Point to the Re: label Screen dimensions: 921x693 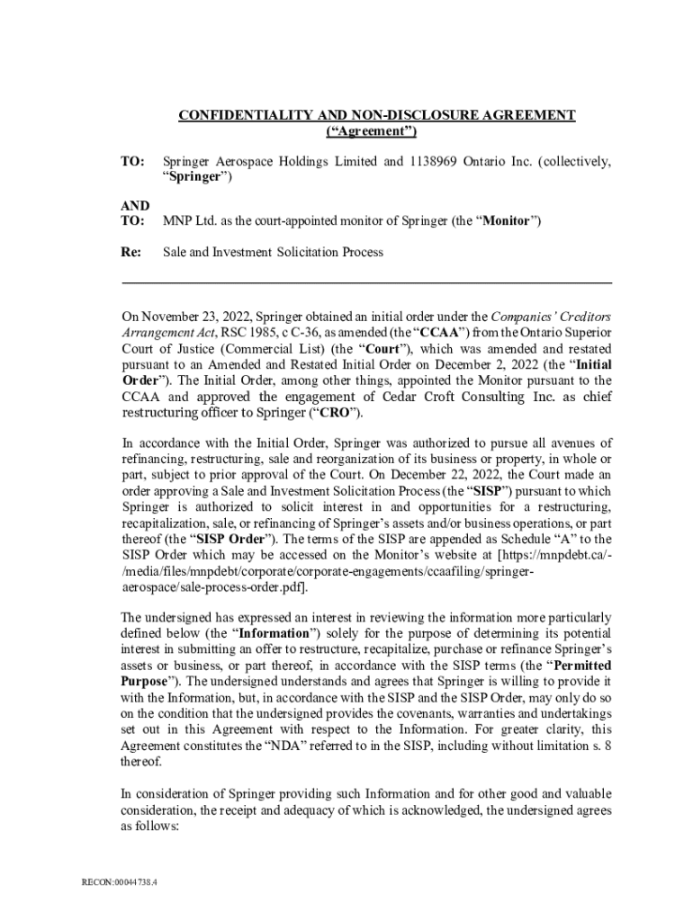pos(132,252)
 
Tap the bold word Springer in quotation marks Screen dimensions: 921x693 pos(195,177)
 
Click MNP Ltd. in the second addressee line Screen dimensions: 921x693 pos(187,220)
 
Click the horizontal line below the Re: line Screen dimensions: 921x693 pos(366,283)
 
